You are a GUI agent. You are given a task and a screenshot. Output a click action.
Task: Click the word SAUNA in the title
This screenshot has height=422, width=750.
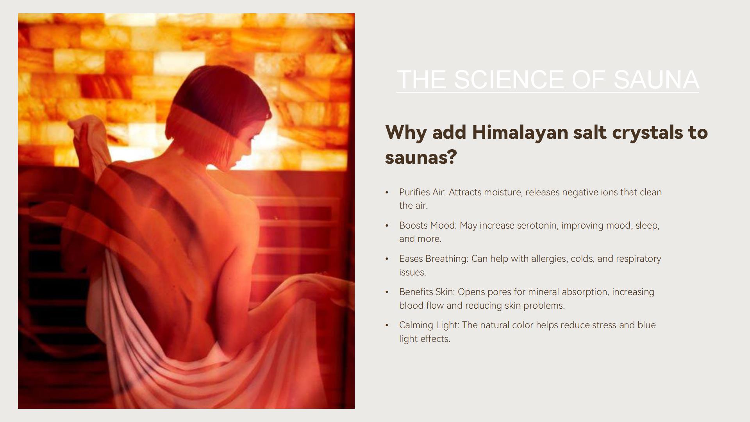tap(656, 79)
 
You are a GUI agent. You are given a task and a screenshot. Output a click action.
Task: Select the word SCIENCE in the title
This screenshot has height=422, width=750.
tap(509, 79)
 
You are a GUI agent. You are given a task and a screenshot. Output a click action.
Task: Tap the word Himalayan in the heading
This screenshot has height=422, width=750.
tap(520, 132)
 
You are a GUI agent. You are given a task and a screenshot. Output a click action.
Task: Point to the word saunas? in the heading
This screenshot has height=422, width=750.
tap(421, 157)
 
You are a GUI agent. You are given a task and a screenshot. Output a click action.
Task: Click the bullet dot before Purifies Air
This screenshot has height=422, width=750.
tap(387, 192)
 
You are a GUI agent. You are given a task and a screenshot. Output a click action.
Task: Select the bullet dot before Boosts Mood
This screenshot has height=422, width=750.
tap(387, 225)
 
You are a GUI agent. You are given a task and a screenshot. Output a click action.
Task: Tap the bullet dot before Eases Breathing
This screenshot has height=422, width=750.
tap(387, 259)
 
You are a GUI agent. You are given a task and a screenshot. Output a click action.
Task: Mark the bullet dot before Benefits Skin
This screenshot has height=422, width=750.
tap(387, 292)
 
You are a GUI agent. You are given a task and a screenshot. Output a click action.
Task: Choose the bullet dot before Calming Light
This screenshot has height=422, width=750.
tap(387, 325)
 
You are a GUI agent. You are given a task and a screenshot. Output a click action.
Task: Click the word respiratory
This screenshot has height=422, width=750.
tap(639, 259)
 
